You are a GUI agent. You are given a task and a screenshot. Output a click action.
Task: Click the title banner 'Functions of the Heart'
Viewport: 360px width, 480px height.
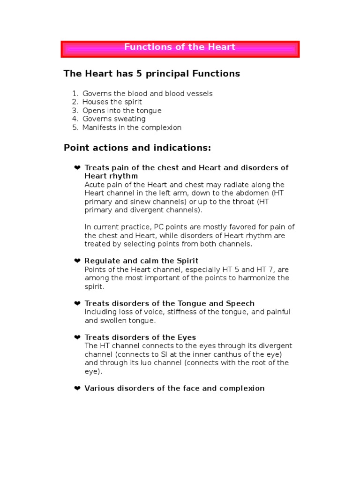(x=180, y=48)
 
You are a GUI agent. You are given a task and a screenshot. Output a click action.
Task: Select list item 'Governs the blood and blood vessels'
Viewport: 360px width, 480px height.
(x=147, y=94)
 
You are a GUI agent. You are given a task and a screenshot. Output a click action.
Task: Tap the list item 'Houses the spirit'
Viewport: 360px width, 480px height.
(x=112, y=102)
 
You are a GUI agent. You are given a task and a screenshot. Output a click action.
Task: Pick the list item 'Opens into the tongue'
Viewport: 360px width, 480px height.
(x=122, y=111)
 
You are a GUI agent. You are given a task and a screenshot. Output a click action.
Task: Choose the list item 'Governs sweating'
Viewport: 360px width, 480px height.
(x=114, y=119)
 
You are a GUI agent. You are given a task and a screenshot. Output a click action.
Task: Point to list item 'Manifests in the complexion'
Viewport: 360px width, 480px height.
(x=132, y=127)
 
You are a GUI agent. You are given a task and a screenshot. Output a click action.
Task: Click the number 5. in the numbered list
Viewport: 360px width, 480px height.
(x=75, y=127)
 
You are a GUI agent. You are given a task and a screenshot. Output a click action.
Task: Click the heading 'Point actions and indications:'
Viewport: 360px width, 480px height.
(x=137, y=148)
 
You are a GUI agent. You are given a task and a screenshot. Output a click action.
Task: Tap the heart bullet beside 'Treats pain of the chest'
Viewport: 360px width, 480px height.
(x=77, y=168)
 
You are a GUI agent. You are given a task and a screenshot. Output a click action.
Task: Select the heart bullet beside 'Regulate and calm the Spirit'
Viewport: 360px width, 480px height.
(x=77, y=261)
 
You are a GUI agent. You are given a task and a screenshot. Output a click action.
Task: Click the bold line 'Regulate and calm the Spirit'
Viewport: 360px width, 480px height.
(x=141, y=261)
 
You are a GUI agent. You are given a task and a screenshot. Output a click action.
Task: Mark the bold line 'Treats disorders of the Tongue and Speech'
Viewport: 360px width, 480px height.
(x=169, y=304)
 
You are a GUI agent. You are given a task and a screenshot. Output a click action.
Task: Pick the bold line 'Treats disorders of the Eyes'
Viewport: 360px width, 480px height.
(x=140, y=337)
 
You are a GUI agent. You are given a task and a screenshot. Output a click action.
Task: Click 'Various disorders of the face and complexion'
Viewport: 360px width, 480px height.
(x=174, y=389)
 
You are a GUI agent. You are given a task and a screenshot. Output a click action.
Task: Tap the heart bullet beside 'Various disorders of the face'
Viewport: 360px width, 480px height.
(x=77, y=389)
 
